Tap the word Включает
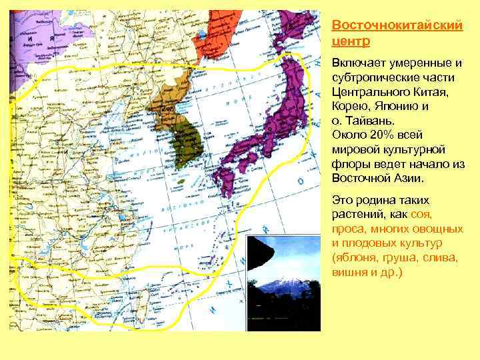click(x=359, y=63)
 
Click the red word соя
click(x=421, y=214)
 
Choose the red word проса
click(x=347, y=229)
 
